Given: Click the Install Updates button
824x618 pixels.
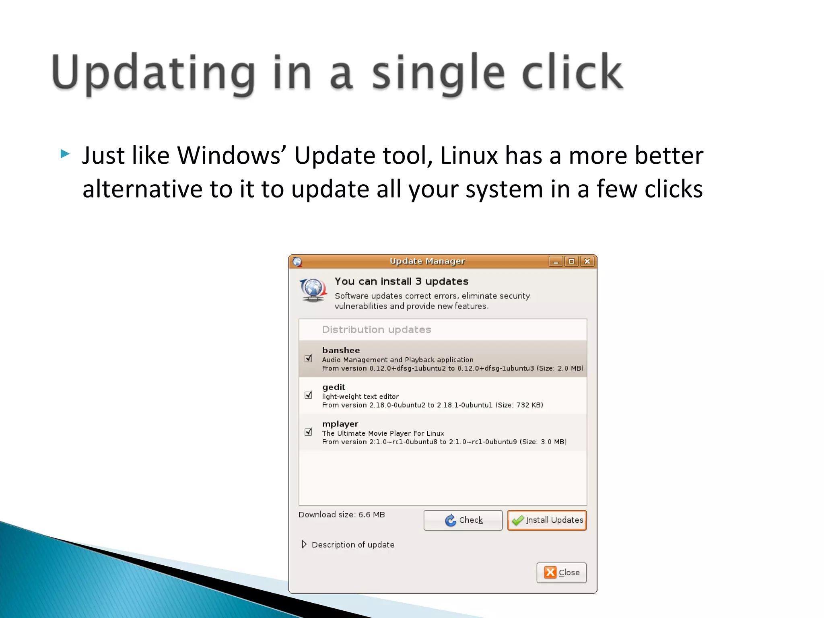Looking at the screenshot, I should [x=547, y=520].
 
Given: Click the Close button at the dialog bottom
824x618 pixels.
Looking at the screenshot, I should [x=561, y=572].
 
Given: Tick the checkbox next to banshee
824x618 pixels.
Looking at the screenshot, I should [x=309, y=358].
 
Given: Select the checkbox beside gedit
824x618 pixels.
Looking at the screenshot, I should [x=309, y=395].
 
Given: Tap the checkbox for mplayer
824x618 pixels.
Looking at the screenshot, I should [x=309, y=432].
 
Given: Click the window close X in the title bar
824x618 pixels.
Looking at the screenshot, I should [x=587, y=262].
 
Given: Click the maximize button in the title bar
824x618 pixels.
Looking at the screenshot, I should [x=571, y=262].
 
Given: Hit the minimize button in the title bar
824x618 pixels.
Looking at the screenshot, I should [x=556, y=262].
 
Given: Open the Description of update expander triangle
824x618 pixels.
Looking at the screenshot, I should [x=304, y=544].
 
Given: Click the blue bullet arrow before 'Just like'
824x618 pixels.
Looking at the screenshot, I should [x=65, y=154].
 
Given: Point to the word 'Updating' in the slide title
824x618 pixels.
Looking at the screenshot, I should [x=153, y=73].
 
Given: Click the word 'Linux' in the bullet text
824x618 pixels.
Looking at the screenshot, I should [x=469, y=155].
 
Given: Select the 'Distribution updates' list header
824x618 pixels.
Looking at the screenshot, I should [x=376, y=330].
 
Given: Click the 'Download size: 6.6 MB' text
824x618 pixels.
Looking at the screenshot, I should [x=342, y=515].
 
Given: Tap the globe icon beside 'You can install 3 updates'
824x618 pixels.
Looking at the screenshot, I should [x=313, y=290].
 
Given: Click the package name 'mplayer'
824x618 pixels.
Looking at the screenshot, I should [x=340, y=424].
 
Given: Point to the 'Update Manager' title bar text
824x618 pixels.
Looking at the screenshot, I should [x=427, y=261].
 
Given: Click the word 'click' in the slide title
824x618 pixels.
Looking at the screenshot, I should [x=572, y=73].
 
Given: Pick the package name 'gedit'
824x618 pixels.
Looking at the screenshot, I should [x=334, y=387].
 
